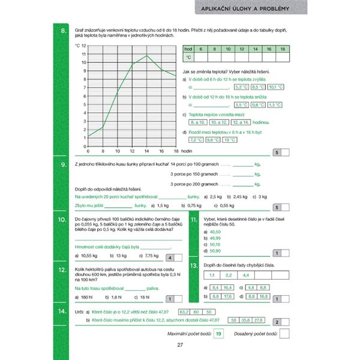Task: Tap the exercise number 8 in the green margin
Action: pyautogui.click(x=63, y=31)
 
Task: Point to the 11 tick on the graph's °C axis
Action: pyautogui.click(x=83, y=54)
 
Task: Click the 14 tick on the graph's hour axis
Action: pyautogui.click(x=147, y=151)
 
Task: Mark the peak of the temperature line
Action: pyautogui.click(x=147, y=56)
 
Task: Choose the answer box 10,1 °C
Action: pyautogui.click(x=276, y=87)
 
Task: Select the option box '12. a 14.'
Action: pyautogui.click(x=244, y=122)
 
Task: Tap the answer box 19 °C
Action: pyautogui.click(x=229, y=140)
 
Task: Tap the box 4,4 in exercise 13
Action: pyautogui.click(x=245, y=275)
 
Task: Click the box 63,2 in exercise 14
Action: pyautogui.click(x=184, y=311)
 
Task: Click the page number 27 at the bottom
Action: pyautogui.click(x=179, y=344)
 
